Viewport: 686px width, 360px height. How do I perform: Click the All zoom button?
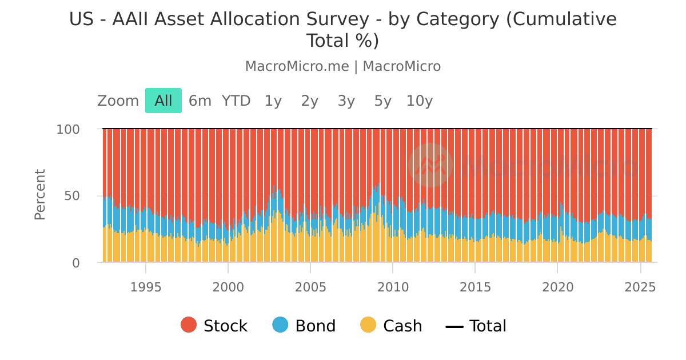[163, 101]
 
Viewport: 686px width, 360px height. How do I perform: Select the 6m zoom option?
[200, 101]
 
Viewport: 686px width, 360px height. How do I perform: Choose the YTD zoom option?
[236, 101]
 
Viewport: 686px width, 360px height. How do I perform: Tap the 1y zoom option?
[273, 101]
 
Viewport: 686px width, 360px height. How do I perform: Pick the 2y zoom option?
[310, 101]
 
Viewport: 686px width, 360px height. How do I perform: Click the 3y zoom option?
[346, 101]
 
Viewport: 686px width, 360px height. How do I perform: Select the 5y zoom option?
[383, 101]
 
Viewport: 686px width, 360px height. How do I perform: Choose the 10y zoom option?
[420, 101]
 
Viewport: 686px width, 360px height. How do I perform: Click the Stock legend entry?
[214, 326]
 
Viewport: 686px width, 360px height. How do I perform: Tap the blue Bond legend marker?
[281, 325]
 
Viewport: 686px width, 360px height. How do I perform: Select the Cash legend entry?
[392, 326]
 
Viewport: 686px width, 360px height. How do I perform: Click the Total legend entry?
[476, 326]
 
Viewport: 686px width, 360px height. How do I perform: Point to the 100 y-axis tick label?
[67, 129]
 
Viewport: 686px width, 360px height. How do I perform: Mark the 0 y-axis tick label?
[76, 263]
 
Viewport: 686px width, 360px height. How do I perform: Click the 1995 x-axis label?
[146, 287]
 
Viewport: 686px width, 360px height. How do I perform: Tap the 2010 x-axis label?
[393, 287]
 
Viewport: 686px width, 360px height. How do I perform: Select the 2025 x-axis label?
[640, 287]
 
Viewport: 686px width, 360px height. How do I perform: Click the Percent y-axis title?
[40, 194]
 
